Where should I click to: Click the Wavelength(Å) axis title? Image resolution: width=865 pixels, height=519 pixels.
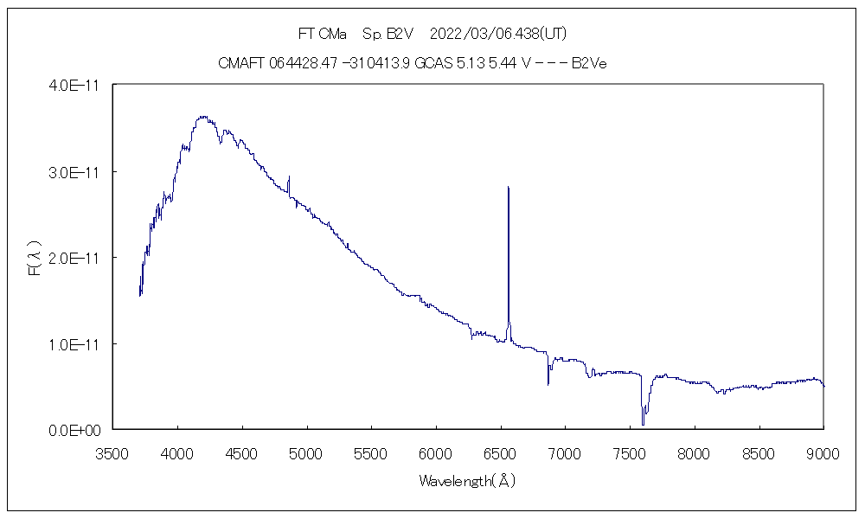coord(467,481)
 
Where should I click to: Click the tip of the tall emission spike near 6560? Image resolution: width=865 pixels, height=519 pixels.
coord(508,187)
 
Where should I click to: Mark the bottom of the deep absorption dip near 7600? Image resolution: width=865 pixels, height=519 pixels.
coord(643,424)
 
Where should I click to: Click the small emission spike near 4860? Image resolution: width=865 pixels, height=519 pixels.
coord(288,176)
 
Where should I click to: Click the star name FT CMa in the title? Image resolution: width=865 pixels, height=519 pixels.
coord(322,34)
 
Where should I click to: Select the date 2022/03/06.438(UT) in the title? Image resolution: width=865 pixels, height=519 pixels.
coord(498,34)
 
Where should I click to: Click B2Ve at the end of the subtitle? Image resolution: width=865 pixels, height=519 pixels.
coord(593,63)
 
